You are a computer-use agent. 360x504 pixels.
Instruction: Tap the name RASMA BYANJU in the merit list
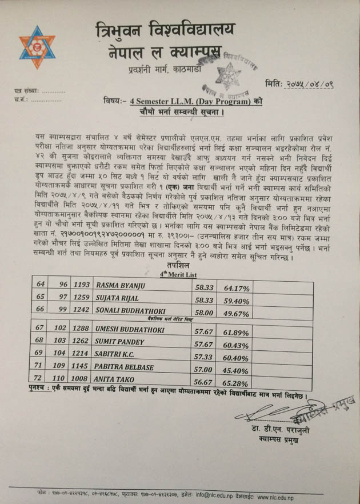(122, 285)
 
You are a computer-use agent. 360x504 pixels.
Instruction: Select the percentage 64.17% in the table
(235, 287)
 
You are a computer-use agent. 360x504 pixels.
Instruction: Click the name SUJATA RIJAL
(120, 299)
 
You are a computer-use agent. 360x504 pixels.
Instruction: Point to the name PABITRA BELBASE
(126, 367)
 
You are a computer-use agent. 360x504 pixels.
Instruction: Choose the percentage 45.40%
(235, 370)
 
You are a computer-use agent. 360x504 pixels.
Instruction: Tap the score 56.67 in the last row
(203, 382)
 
